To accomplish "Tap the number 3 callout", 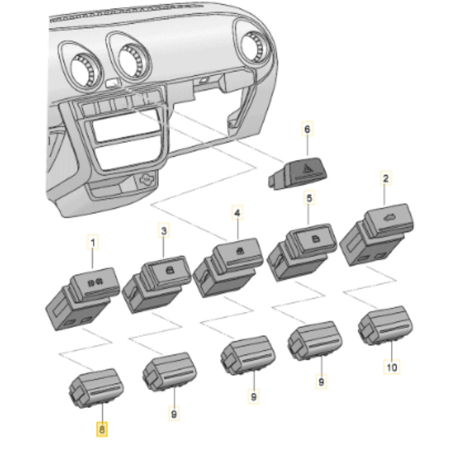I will point(163,231).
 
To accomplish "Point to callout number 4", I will point(237,213).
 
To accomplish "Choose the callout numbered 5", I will point(309,198).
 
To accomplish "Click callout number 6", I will point(307,129).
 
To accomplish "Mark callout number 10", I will point(392,367).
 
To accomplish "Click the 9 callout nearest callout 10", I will point(321,381).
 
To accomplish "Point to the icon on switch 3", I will point(168,271).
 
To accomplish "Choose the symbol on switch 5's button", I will point(314,238).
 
